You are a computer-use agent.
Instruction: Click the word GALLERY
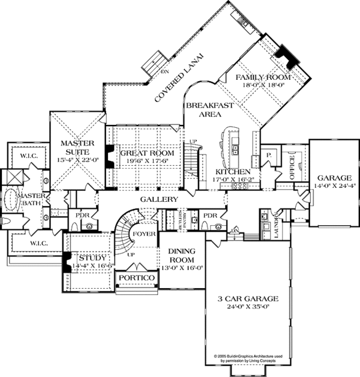click(158, 199)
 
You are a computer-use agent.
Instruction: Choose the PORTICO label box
click(137, 279)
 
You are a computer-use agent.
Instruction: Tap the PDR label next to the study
click(79, 215)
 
